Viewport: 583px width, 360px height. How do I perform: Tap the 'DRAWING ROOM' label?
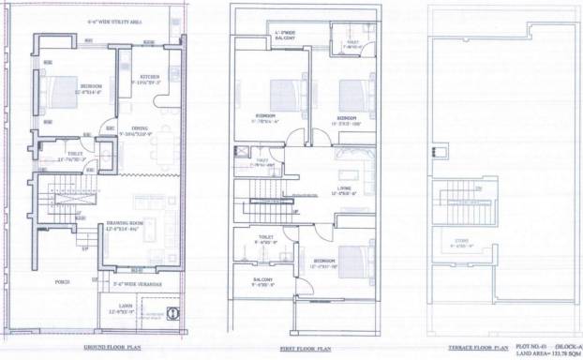click(x=123, y=222)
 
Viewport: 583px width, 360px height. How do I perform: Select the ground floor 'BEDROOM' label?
click(x=91, y=86)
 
